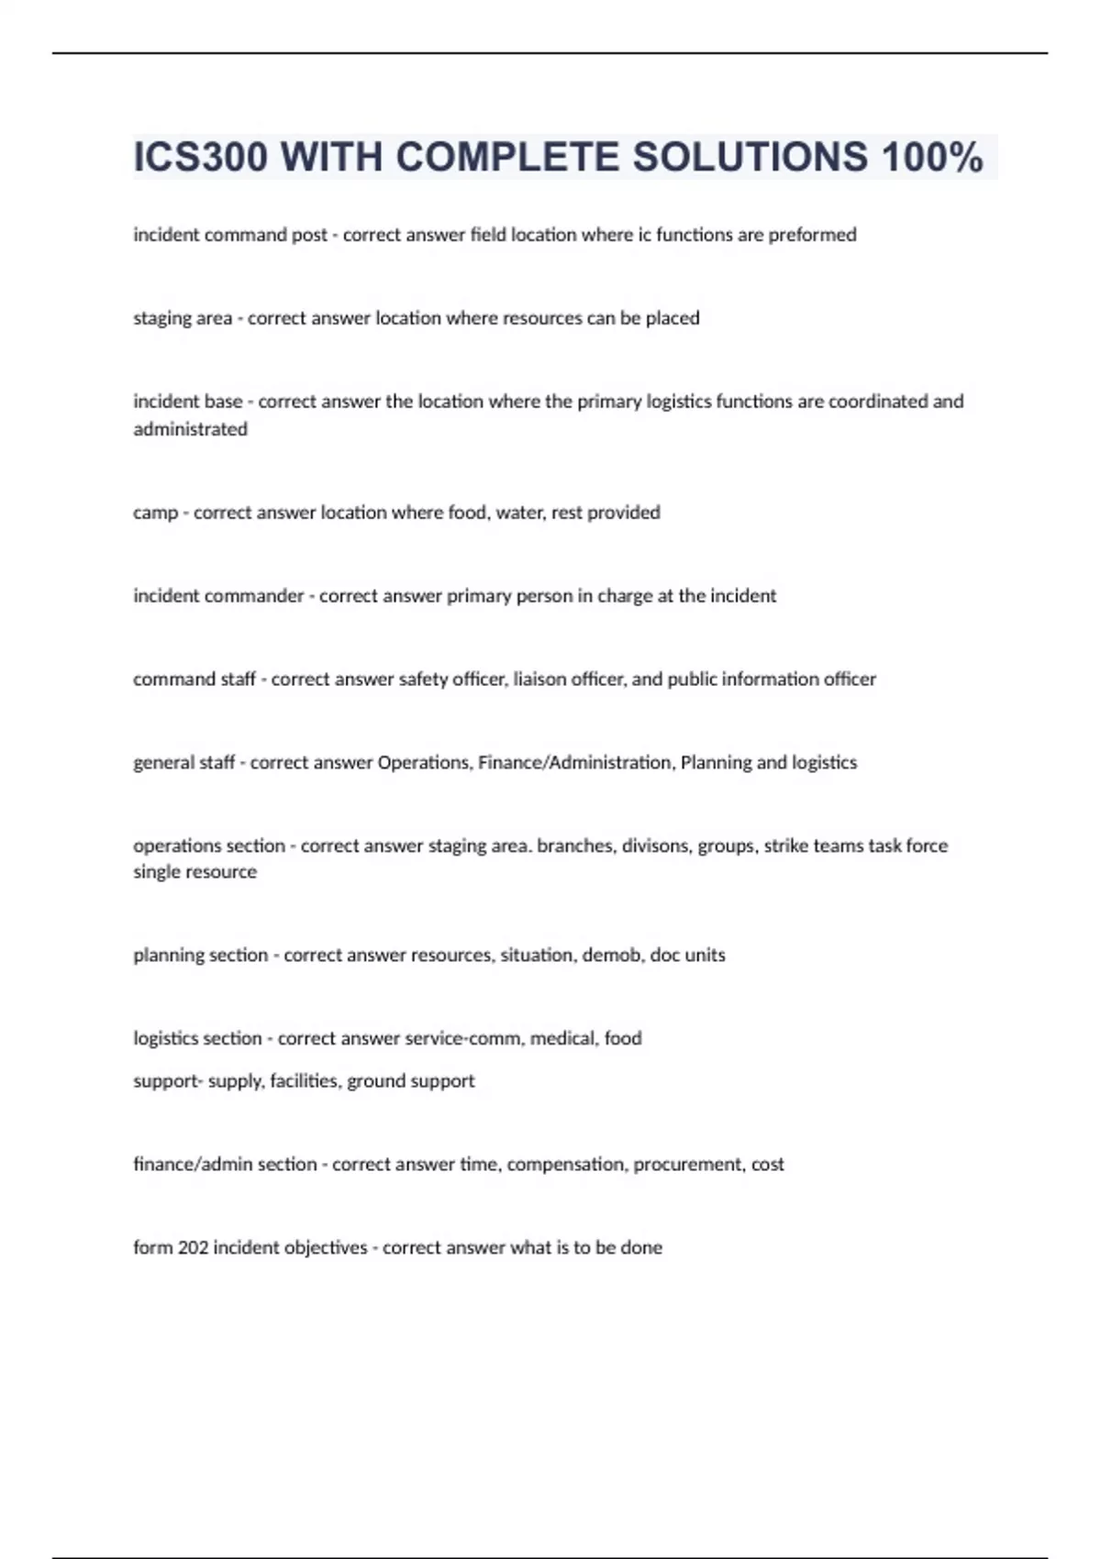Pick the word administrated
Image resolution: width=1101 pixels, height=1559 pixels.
(x=190, y=429)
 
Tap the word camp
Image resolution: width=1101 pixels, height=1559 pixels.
(x=155, y=513)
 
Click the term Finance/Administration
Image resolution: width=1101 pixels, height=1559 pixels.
(x=574, y=763)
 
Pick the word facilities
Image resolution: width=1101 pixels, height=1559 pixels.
(x=304, y=1081)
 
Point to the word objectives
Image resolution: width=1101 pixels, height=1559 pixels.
(x=326, y=1248)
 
